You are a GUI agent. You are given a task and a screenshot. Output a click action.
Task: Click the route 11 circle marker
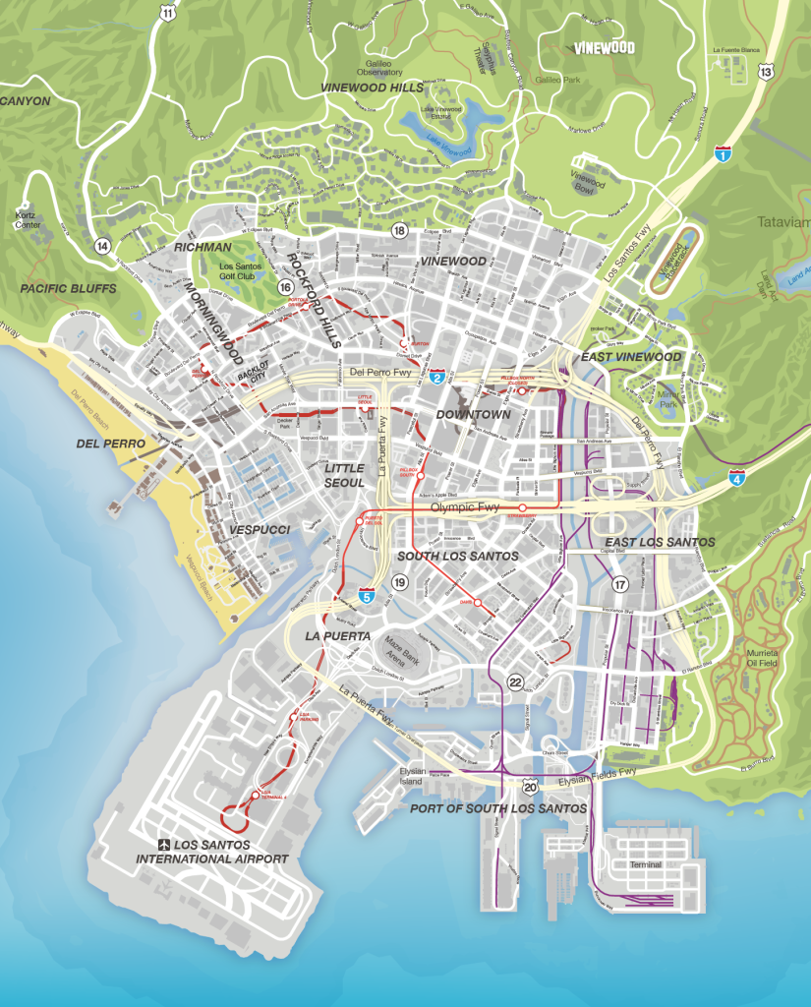(168, 13)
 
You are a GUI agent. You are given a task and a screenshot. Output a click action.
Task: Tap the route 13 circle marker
(767, 72)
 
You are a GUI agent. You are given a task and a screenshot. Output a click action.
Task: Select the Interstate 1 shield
(723, 153)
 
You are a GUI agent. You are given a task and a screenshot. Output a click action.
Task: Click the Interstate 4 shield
(736, 478)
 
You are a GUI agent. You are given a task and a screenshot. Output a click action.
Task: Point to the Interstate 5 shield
(366, 595)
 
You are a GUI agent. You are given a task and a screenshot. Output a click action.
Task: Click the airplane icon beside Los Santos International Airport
(164, 845)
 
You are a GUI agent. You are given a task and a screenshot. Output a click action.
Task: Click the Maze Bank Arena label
(401, 651)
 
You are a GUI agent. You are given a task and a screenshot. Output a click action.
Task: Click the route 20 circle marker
(530, 787)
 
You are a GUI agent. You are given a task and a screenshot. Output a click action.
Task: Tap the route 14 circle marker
(102, 245)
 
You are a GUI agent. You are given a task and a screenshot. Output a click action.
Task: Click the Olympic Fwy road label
(465, 507)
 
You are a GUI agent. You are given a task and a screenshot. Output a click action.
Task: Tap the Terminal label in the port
(647, 865)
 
